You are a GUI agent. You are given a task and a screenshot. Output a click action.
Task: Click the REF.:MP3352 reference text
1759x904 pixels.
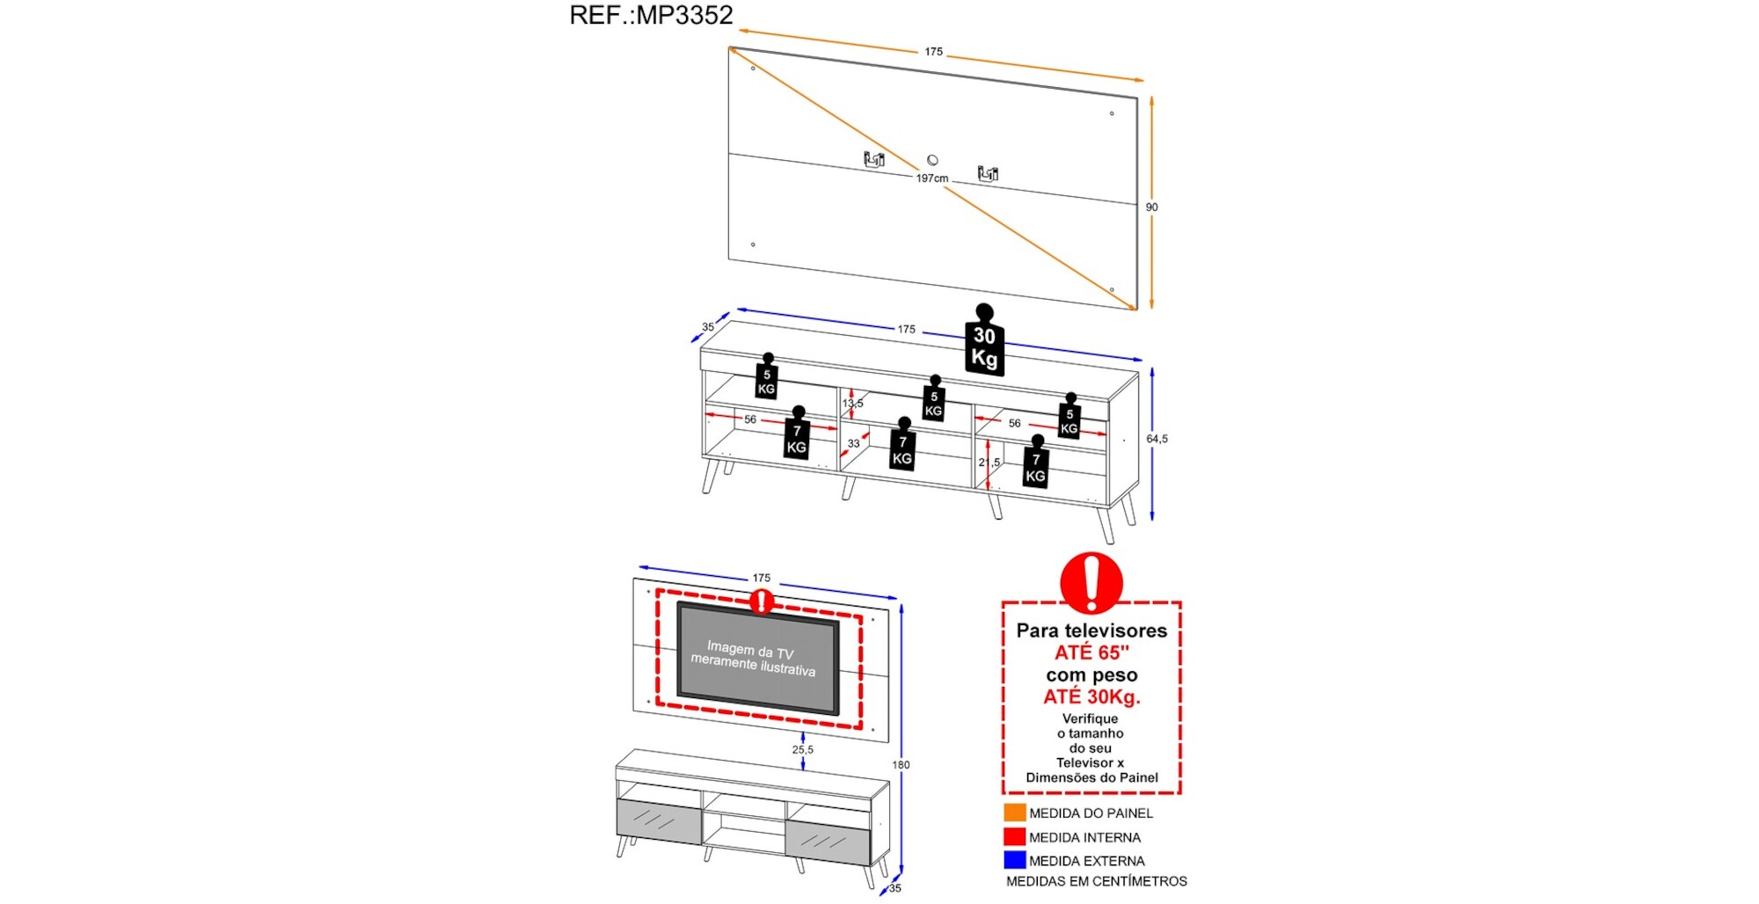pyautogui.click(x=651, y=16)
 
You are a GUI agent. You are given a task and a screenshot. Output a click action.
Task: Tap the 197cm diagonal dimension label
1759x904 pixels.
pyautogui.click(x=932, y=179)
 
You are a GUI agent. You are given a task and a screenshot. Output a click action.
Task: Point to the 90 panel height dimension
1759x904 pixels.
pyautogui.click(x=1151, y=208)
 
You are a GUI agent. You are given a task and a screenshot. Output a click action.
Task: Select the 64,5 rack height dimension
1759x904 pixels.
pyautogui.click(x=1157, y=439)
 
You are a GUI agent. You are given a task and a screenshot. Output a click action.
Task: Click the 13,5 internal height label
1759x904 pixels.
pyautogui.click(x=852, y=404)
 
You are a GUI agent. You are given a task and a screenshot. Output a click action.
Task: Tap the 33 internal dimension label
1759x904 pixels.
pyautogui.click(x=853, y=443)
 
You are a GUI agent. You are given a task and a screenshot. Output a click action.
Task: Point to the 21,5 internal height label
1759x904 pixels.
pyautogui.click(x=989, y=463)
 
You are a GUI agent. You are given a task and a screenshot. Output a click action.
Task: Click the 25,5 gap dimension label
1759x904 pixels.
pyautogui.click(x=802, y=750)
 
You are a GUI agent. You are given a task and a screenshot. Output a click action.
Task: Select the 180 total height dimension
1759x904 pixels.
pyautogui.click(x=901, y=765)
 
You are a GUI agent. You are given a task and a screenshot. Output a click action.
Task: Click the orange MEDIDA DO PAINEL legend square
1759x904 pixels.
pyautogui.click(x=1014, y=813)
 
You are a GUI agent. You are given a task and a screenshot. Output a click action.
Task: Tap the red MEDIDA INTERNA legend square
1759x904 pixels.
pyautogui.click(x=1014, y=836)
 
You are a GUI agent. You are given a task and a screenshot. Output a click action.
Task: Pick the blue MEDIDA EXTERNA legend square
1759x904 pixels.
pyautogui.click(x=1014, y=860)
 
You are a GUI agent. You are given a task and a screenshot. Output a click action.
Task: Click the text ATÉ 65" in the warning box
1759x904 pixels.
pyautogui.click(x=1091, y=652)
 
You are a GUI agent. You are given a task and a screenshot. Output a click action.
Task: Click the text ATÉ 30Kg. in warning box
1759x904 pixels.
pyautogui.click(x=1091, y=697)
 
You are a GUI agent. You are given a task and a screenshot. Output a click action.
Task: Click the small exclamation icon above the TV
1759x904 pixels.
pyautogui.click(x=762, y=601)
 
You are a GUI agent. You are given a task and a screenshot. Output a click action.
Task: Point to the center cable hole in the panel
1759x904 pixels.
pyautogui.click(x=932, y=160)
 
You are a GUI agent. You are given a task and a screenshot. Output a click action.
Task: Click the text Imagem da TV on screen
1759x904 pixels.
pyautogui.click(x=750, y=651)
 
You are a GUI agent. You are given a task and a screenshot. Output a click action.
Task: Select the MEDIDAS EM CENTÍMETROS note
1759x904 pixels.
pyautogui.click(x=1096, y=881)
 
